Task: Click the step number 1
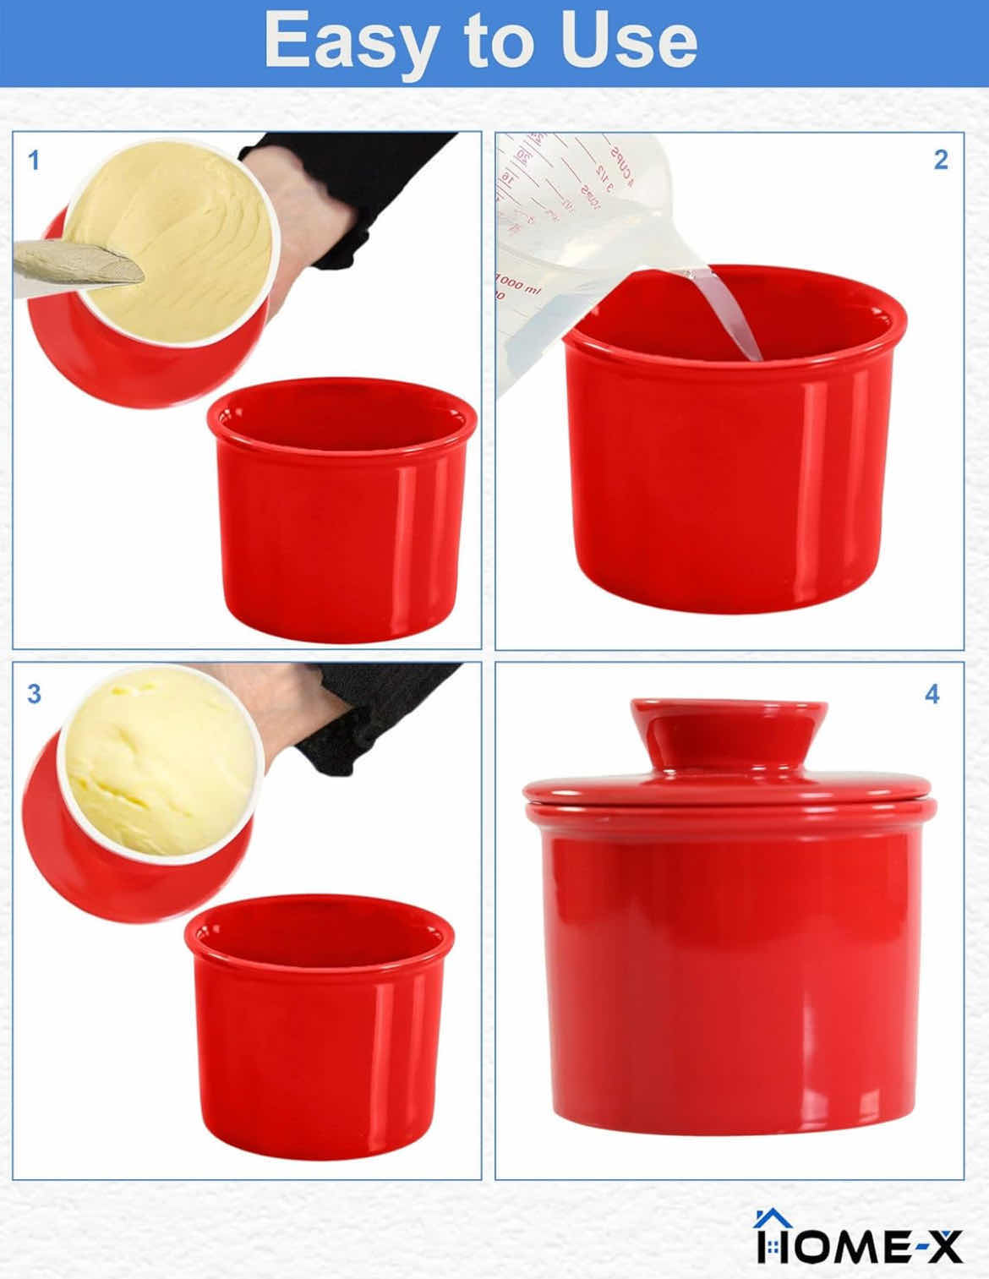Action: (x=34, y=160)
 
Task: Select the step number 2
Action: (x=941, y=160)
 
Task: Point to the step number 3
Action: (x=34, y=694)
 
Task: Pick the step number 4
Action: (x=932, y=694)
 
